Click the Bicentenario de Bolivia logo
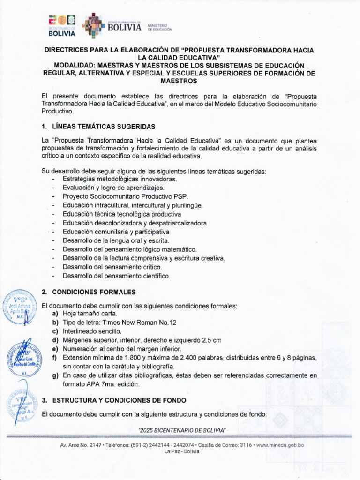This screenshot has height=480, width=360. [x=62, y=26]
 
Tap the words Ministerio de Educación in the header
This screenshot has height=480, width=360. [x=160, y=27]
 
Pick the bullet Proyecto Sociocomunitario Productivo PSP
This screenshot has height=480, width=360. [x=125, y=196]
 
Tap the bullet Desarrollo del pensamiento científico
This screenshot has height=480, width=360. [x=116, y=276]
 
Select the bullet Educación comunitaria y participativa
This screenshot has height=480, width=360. [x=116, y=232]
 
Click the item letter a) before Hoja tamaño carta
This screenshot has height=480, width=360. [x=55, y=314]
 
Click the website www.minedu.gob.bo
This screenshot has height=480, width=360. [x=280, y=445]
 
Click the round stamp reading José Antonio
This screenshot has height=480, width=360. [x=20, y=308]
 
